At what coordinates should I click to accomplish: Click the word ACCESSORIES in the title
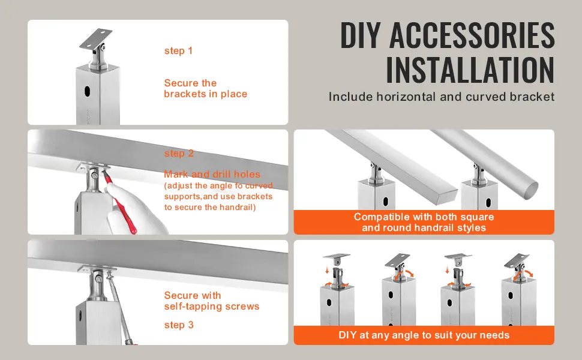click(472, 35)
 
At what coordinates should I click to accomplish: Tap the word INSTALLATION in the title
click(470, 70)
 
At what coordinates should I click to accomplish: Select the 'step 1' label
click(179, 51)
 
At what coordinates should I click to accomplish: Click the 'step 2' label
click(179, 153)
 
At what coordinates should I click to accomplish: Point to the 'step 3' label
click(179, 325)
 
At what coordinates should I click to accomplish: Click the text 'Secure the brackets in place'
click(206, 88)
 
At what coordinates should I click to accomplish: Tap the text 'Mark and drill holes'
click(212, 174)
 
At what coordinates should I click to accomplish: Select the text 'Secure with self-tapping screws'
click(212, 301)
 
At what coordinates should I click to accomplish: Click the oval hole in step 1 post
click(88, 91)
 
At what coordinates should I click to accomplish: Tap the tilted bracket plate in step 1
click(96, 38)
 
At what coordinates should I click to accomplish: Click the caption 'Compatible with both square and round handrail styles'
click(424, 222)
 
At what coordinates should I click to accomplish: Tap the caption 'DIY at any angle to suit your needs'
click(424, 335)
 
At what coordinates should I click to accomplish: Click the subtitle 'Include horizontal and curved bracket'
click(442, 97)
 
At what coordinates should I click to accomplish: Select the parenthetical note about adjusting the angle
click(218, 196)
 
